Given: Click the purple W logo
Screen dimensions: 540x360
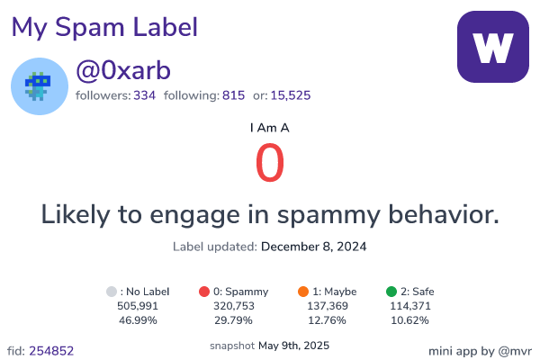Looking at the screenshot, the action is pyautogui.click(x=493, y=47).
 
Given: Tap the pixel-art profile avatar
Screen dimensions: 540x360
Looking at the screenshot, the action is pyautogui.click(x=40, y=86).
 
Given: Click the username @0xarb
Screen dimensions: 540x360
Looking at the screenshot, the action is pyautogui.click(x=123, y=70).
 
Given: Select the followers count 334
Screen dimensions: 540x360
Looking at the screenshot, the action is pyautogui.click(x=145, y=95).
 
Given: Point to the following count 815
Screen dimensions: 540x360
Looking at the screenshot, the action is pyautogui.click(x=233, y=95).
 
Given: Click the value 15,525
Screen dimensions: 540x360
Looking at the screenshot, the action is pyautogui.click(x=291, y=95).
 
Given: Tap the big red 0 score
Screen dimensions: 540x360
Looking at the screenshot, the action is pyautogui.click(x=270, y=163).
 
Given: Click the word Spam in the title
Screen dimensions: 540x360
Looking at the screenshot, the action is pyautogui.click(x=89, y=27).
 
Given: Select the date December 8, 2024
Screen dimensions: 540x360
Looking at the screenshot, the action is pyautogui.click(x=314, y=247).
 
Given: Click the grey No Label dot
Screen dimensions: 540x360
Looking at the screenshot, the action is pyautogui.click(x=112, y=292).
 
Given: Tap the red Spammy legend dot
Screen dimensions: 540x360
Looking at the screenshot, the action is pyautogui.click(x=204, y=292).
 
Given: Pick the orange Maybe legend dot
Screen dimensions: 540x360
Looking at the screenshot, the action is pyautogui.click(x=303, y=292).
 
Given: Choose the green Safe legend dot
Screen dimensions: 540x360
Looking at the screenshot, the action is pyautogui.click(x=391, y=292).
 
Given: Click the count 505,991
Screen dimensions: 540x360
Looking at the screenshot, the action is pyautogui.click(x=138, y=306).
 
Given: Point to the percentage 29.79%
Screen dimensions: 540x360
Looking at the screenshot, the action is pyautogui.click(x=233, y=320).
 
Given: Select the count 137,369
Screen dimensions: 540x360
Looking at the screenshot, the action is pyautogui.click(x=328, y=306).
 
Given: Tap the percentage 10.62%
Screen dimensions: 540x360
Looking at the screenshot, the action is pyautogui.click(x=409, y=320).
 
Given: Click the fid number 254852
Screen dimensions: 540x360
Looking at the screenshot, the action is pyautogui.click(x=51, y=351).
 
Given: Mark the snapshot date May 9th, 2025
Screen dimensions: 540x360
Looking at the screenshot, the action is pyautogui.click(x=293, y=346).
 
